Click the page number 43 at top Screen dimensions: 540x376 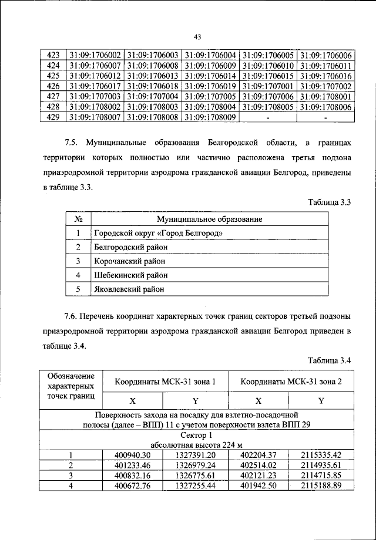click(x=197, y=38)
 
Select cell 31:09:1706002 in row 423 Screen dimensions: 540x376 click(x=95, y=54)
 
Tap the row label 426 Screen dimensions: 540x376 click(x=53, y=86)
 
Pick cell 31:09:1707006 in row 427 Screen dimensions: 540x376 click(x=268, y=96)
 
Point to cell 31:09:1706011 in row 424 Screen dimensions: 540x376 click(x=325, y=65)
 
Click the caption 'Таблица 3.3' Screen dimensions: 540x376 click(x=330, y=203)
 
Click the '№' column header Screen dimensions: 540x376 click(x=78, y=219)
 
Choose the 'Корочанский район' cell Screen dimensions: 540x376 click(x=130, y=261)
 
